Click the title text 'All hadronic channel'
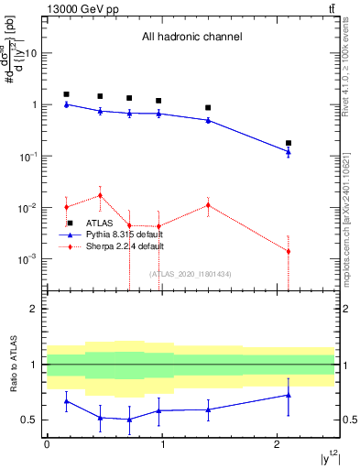pyautogui.click(x=191, y=38)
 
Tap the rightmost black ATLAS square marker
pyautogui.click(x=289, y=143)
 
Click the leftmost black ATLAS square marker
pyautogui.click(x=66, y=94)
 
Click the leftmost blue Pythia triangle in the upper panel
pyautogui.click(x=66, y=104)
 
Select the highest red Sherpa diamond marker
pyautogui.click(x=100, y=195)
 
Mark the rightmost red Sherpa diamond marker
pyautogui.click(x=289, y=251)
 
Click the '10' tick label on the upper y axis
pyautogui.click(x=32, y=53)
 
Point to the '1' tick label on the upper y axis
pyautogui.click(x=35, y=105)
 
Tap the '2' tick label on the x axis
pyautogui.click(x=278, y=444)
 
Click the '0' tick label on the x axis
pyautogui.click(x=47, y=444)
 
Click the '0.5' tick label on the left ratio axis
pyautogui.click(x=29, y=420)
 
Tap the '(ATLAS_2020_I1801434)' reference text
pyautogui.click(x=191, y=274)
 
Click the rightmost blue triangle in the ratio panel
pyautogui.click(x=289, y=395)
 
